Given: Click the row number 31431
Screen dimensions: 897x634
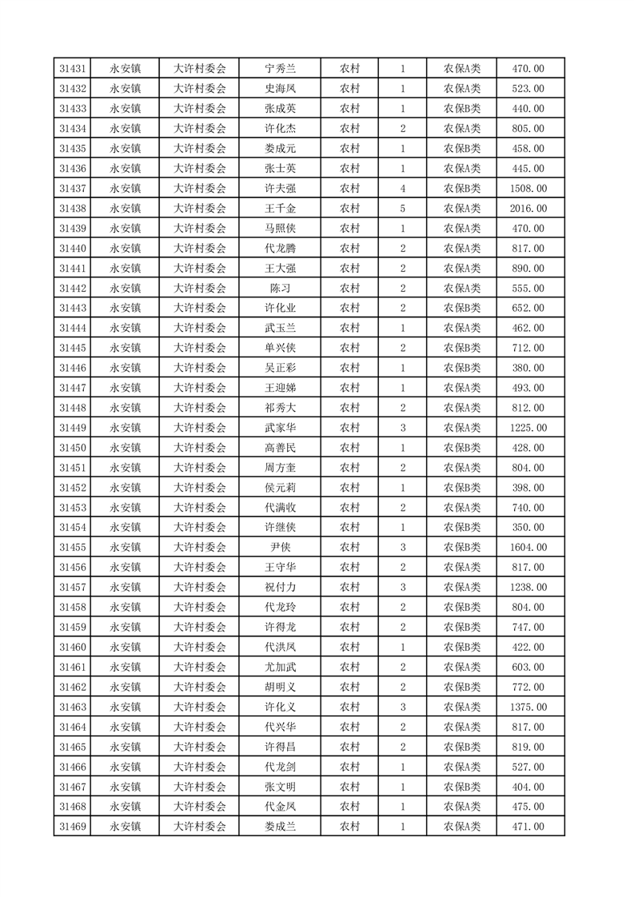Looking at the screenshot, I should pos(73,69).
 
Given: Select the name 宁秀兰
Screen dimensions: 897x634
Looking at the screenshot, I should pos(280,69).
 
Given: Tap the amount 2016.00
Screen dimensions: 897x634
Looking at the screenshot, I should pos(528,209).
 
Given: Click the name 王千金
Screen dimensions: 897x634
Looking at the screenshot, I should pos(280,209).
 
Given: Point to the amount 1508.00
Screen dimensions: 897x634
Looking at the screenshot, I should pos(528,189).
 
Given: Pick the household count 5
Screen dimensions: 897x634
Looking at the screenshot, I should pos(402,209).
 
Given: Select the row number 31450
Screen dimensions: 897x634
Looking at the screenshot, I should pos(73,448).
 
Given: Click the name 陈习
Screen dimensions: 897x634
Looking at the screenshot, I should pos(280,289).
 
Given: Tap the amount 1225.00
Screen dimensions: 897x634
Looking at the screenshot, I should pos(528,428).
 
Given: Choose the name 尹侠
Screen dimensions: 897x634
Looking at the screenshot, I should pos(280,548).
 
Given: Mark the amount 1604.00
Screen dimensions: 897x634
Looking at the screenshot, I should pos(528,548).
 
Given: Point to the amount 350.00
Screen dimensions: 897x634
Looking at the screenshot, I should pos(528,528).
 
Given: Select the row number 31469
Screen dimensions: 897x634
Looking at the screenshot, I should pos(73,827).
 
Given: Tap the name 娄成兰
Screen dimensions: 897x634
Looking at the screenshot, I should pos(280,827).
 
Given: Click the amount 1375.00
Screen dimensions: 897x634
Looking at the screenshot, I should pos(528,707).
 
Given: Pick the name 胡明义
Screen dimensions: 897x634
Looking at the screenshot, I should pos(280,687).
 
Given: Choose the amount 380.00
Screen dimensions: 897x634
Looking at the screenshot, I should pos(528,368).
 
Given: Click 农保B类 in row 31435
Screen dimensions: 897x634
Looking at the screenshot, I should pos(462,149).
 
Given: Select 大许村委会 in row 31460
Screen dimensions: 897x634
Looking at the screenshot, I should pos(200,647).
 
